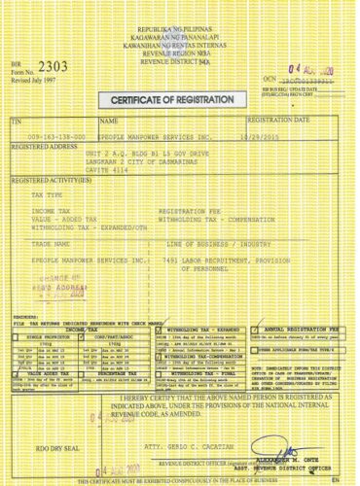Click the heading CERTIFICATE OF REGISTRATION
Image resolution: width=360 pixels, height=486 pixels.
point(180,101)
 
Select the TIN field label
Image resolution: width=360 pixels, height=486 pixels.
point(16,121)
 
